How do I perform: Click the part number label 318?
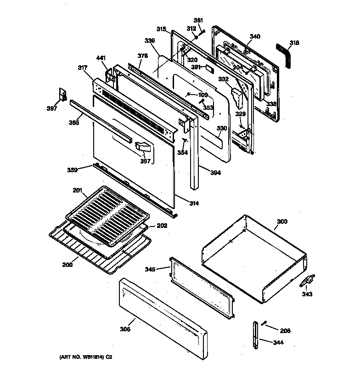click(x=294, y=43)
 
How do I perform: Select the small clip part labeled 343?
click(x=307, y=280)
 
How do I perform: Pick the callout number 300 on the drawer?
click(x=281, y=221)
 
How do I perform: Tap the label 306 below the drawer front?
click(x=125, y=328)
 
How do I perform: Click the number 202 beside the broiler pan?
click(x=162, y=226)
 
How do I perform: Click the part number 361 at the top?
click(x=198, y=20)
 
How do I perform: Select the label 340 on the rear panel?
click(x=255, y=37)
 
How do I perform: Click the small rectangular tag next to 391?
click(x=209, y=68)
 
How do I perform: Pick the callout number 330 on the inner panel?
click(x=222, y=129)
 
